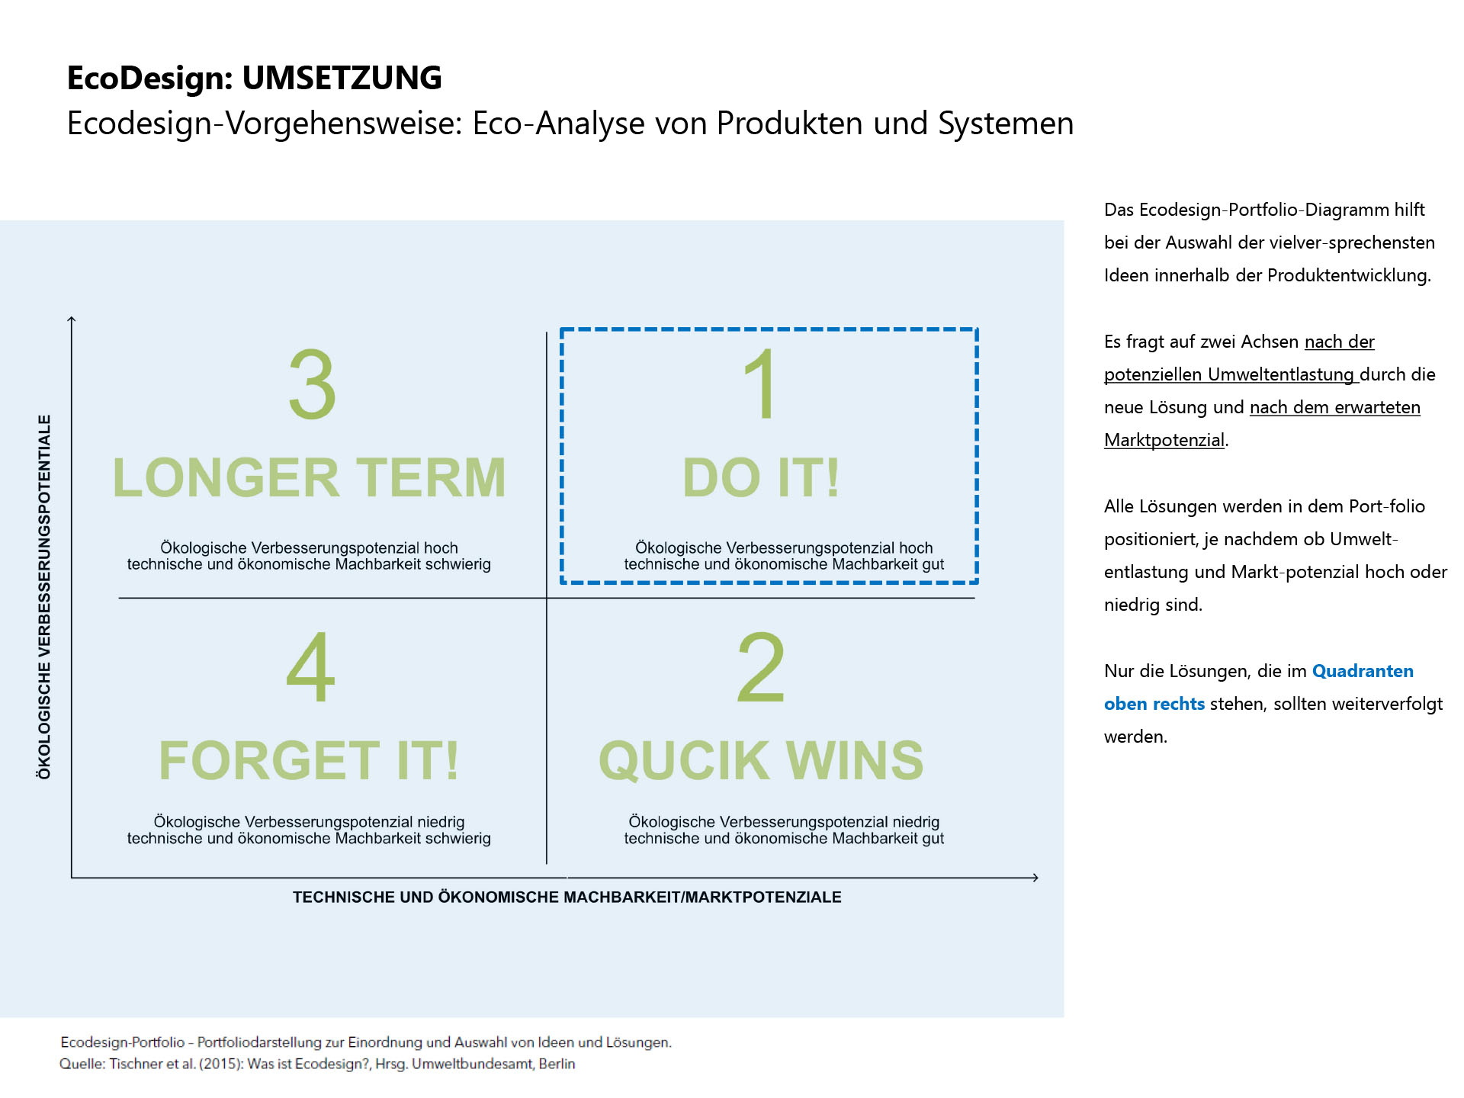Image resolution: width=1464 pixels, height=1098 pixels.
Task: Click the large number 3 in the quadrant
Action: [312, 384]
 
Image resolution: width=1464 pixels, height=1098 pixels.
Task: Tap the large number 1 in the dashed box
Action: [761, 384]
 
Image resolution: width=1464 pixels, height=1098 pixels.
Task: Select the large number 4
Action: [310, 667]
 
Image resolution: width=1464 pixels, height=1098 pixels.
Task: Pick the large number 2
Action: [761, 667]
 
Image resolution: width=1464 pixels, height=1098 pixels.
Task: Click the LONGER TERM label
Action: [310, 478]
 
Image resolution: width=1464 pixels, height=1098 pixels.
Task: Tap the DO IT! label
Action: [761, 478]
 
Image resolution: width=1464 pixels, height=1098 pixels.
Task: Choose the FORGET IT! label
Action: [309, 760]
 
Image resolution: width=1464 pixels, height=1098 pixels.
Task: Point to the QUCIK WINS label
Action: [761, 761]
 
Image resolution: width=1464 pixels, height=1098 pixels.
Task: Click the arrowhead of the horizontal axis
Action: [1035, 878]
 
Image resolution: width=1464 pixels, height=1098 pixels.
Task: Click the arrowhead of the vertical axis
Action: [72, 319]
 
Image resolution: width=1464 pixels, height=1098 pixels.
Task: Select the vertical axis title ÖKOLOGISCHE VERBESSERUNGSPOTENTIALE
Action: [44, 597]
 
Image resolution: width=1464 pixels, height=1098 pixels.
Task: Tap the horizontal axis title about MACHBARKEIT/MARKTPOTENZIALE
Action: [567, 897]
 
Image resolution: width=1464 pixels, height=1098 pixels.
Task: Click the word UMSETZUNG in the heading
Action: [342, 78]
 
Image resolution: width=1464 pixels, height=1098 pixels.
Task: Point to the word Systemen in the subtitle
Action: [1006, 124]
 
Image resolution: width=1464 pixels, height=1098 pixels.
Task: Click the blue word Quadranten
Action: [1363, 671]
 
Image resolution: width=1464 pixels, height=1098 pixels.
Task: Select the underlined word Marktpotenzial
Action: [1164, 440]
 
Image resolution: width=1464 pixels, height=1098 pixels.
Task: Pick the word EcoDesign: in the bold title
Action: [150, 79]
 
